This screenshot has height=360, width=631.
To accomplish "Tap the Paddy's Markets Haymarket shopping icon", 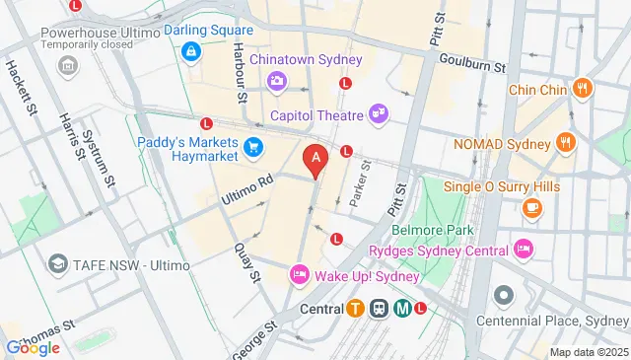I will (254, 149).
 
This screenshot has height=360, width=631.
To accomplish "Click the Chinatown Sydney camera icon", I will (278, 79).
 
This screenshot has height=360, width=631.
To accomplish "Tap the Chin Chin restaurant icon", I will (583, 89).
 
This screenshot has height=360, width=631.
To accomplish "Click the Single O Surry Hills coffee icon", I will (531, 207).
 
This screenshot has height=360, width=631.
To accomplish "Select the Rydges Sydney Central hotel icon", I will (523, 249).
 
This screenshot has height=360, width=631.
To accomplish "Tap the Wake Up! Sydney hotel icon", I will (299, 274).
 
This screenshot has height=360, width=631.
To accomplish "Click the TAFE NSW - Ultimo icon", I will (59, 263).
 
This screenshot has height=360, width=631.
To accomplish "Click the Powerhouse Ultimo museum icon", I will (67, 66).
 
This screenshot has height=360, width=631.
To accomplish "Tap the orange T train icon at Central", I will (354, 308).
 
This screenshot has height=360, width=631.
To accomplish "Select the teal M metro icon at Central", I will (402, 308).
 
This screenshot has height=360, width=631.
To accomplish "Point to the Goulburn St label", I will (472, 64).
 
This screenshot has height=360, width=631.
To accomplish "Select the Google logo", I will (33, 347).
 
